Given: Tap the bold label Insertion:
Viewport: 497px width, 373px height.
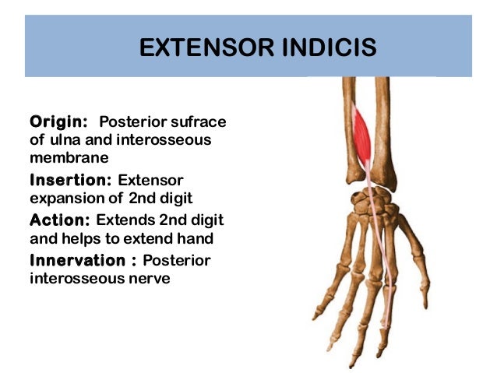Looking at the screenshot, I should tap(70, 180).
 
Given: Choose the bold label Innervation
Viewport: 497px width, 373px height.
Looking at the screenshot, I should tap(76, 259).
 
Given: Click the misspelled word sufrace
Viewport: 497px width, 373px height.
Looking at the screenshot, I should tap(199, 122).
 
